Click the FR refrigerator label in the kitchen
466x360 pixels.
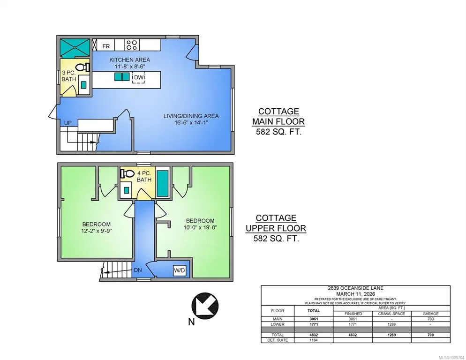point(106,46)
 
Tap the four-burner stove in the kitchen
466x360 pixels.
point(132,45)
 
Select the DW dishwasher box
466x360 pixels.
point(138,77)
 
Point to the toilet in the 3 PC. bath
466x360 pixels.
point(83,67)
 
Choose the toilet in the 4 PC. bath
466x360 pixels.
point(127,173)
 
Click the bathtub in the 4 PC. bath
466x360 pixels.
point(163,183)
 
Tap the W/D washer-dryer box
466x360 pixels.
point(180,270)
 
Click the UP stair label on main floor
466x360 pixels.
point(68,123)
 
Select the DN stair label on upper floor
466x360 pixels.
point(138,270)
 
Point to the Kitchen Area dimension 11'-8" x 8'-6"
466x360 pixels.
point(129,67)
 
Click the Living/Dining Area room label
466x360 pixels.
point(191,116)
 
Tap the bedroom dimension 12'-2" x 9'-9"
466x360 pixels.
point(96,231)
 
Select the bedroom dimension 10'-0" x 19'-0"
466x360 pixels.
point(200,228)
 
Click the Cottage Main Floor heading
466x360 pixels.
point(278,116)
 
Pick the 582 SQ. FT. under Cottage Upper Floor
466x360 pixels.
point(276,239)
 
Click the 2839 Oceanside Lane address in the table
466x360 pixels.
point(355,288)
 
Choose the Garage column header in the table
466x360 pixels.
point(430,314)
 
